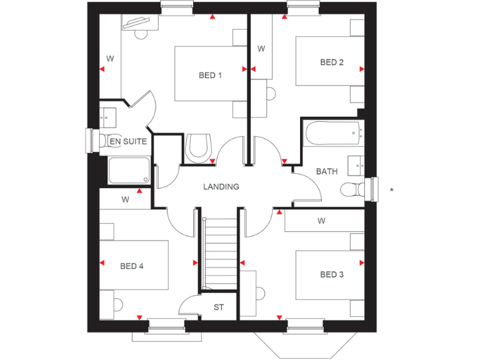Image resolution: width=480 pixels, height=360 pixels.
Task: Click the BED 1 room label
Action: (x=211, y=76)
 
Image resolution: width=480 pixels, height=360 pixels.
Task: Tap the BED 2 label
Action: (x=332, y=62)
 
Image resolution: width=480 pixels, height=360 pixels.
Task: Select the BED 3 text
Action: (x=332, y=274)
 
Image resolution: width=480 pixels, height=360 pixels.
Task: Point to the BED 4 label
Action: (x=132, y=266)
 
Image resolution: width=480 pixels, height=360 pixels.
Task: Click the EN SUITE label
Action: (x=128, y=142)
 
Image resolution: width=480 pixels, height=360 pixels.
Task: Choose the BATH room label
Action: (x=326, y=171)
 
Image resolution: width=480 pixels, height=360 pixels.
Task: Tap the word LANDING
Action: (x=221, y=187)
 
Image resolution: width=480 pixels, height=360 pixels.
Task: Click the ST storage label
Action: (x=219, y=307)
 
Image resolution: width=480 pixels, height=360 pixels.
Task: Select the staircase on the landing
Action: (x=219, y=253)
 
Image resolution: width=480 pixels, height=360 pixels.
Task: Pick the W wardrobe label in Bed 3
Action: (x=321, y=221)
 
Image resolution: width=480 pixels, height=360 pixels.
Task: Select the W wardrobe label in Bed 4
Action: (x=125, y=201)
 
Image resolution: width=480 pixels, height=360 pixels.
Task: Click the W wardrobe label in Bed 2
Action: (x=261, y=49)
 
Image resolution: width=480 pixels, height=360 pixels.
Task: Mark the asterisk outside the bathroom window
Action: (x=391, y=189)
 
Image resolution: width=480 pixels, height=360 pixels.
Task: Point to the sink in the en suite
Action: (x=107, y=116)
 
